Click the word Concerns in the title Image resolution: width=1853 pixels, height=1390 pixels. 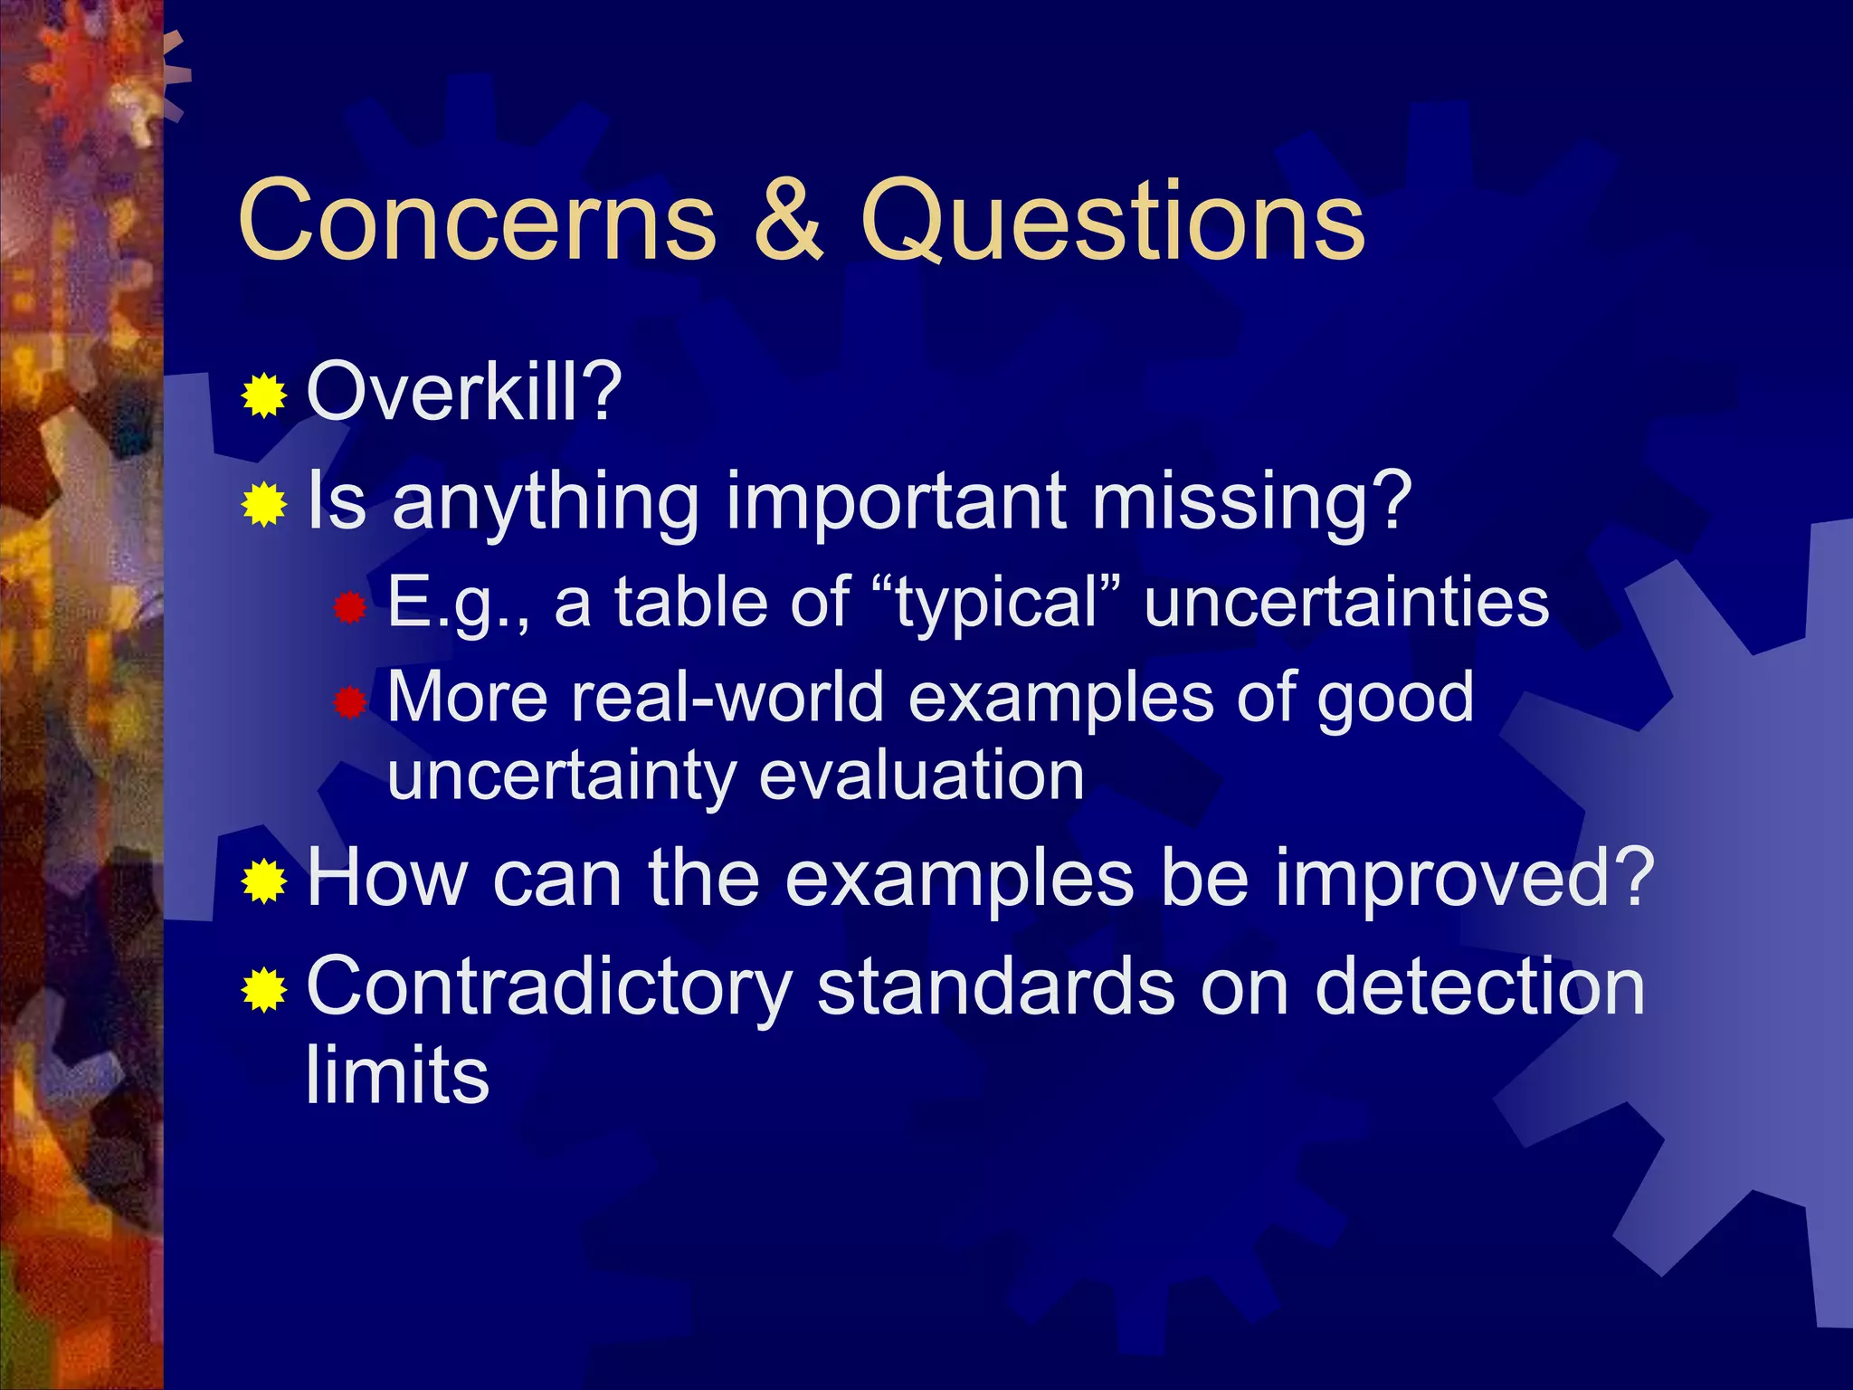coord(477,221)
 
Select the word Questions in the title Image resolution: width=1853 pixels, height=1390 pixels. coord(1112,221)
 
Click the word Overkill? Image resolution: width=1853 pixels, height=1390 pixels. coord(464,392)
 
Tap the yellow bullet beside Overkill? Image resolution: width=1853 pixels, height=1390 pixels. coord(264,395)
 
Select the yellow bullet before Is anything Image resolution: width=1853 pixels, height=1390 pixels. coord(264,504)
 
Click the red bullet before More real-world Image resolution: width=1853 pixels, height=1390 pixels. coord(348,702)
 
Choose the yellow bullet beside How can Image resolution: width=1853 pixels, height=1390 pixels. coord(264,881)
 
